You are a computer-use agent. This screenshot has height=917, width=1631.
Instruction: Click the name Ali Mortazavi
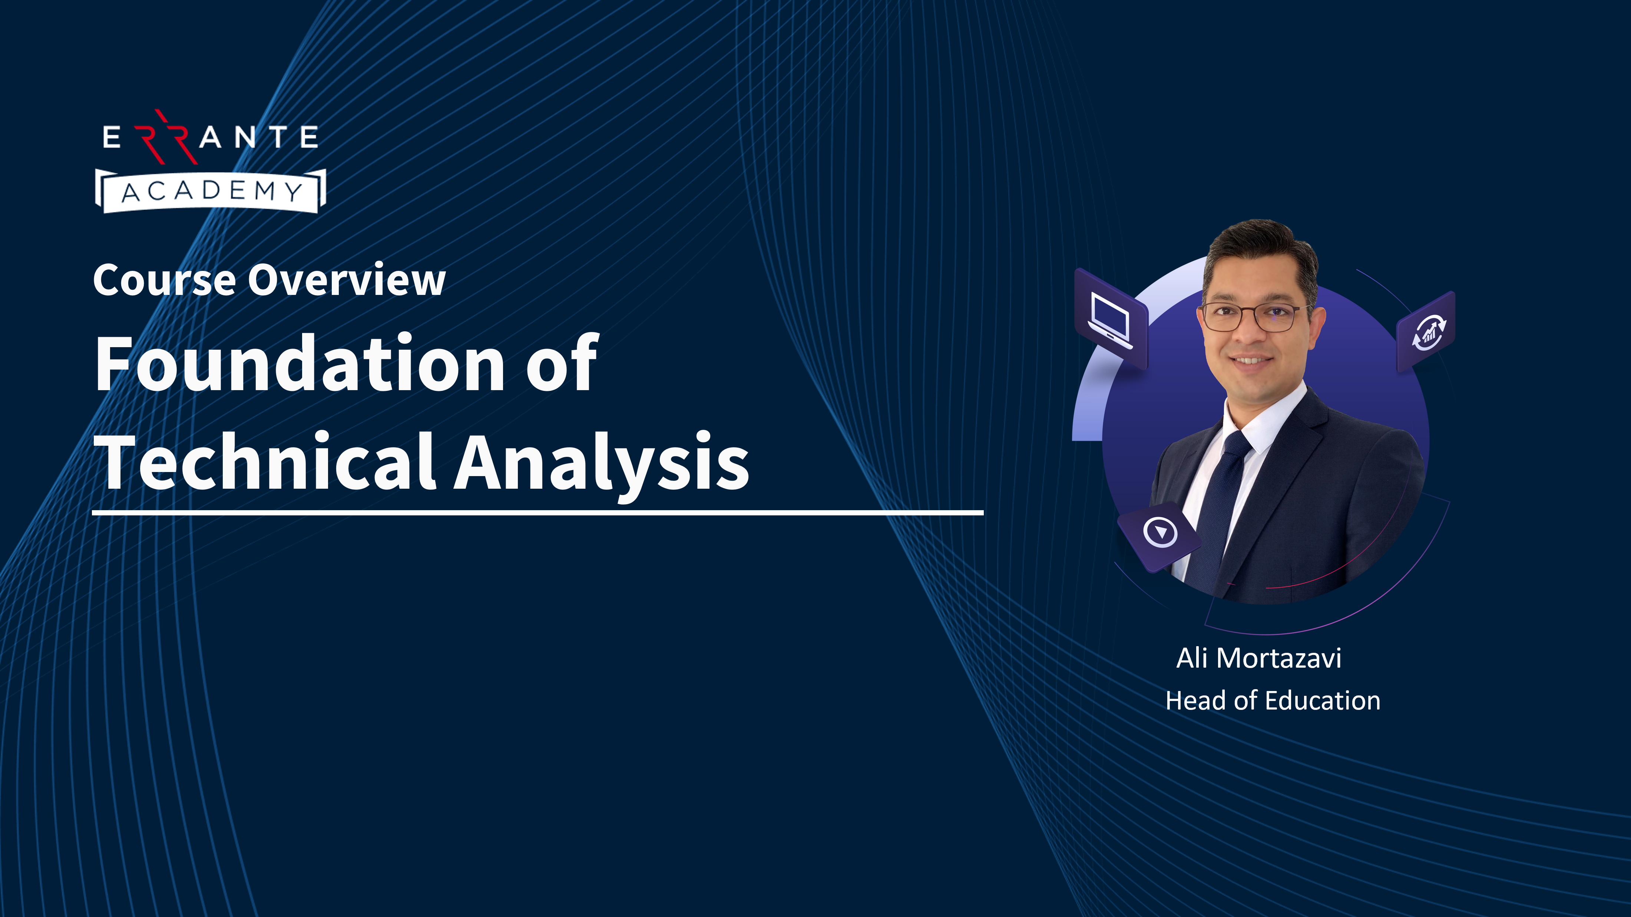pyautogui.click(x=1259, y=658)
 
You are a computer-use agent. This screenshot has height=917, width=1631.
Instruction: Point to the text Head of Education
pyautogui.click(x=1273, y=701)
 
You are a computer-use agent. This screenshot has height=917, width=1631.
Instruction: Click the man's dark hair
pyautogui.click(x=1260, y=253)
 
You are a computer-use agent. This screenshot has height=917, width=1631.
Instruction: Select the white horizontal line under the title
pyautogui.click(x=537, y=513)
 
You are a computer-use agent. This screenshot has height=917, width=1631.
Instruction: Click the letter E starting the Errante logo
pyautogui.click(x=112, y=137)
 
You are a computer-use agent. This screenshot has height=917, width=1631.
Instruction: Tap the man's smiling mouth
pyautogui.click(x=1250, y=361)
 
